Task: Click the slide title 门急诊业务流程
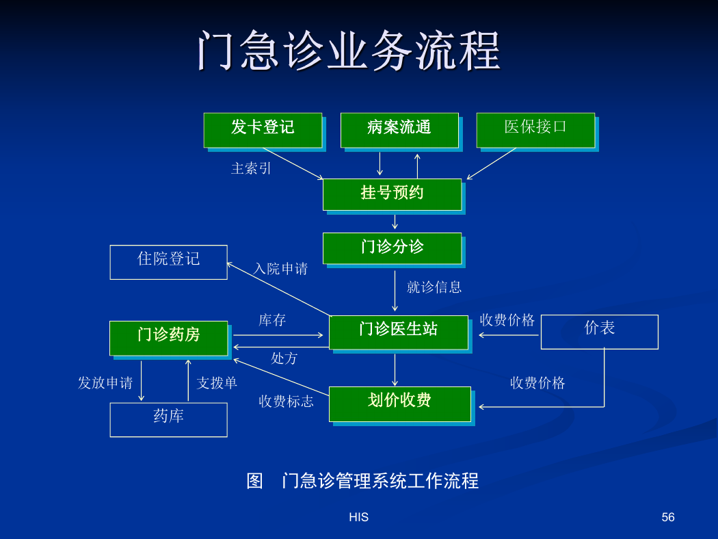click(349, 51)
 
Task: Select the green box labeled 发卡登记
click(263, 130)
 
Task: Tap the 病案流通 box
click(399, 130)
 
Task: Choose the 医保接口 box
click(535, 130)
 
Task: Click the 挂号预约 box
click(393, 195)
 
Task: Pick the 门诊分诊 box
click(393, 248)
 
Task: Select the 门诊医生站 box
click(399, 332)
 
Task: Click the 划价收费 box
click(400, 404)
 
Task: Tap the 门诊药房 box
click(168, 338)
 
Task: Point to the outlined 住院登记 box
click(168, 263)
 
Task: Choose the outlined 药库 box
click(168, 420)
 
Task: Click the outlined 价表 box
click(600, 332)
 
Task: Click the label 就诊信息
click(434, 287)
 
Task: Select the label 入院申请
click(280, 268)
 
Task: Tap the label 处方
click(284, 358)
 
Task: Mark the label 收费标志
click(287, 401)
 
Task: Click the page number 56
click(668, 517)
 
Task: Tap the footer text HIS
click(358, 517)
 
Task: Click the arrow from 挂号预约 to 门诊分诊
click(395, 222)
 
